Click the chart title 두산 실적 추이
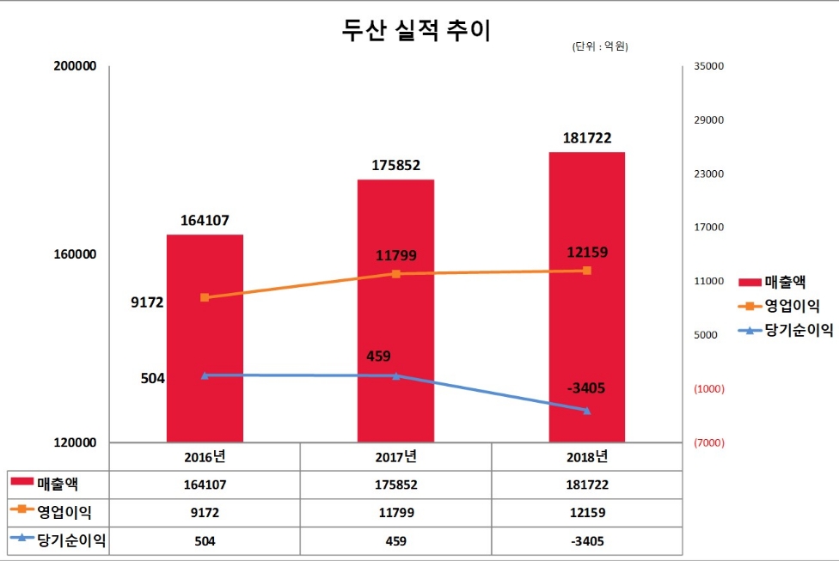pyautogui.click(x=417, y=31)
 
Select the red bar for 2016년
pyautogui.click(x=205, y=344)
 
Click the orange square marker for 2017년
pyautogui.click(x=396, y=274)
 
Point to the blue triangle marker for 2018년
pyautogui.click(x=587, y=411)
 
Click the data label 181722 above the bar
pyautogui.click(x=587, y=137)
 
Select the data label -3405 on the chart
pyautogui.click(x=586, y=388)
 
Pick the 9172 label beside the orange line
pyautogui.click(x=148, y=302)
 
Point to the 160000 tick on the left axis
pyautogui.click(x=75, y=255)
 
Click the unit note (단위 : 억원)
pyautogui.click(x=600, y=47)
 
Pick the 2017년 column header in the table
pyautogui.click(x=396, y=455)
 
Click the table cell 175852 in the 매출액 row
pyautogui.click(x=396, y=485)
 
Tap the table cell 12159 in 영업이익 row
pyautogui.click(x=587, y=513)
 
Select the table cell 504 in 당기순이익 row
pyautogui.click(x=205, y=541)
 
